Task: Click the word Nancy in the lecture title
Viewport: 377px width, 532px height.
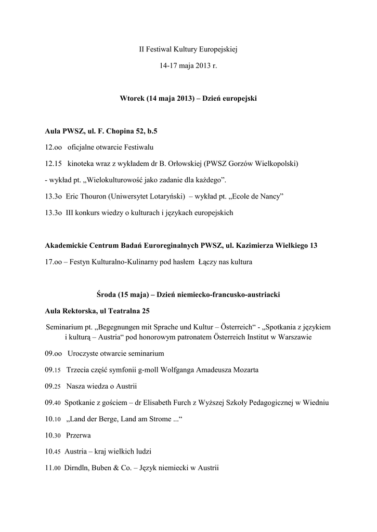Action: [272, 196]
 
